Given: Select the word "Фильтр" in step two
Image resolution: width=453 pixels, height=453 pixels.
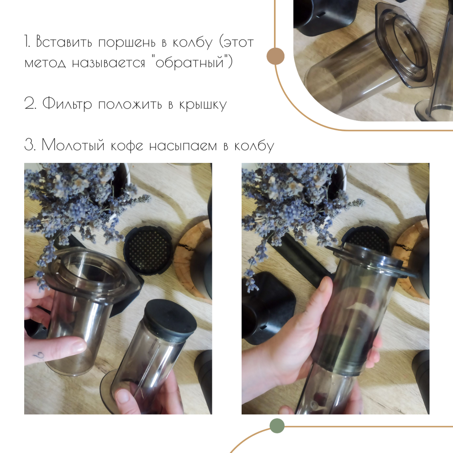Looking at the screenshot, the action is [67, 104].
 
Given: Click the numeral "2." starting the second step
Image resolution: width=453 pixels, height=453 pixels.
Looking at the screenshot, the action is [30, 104].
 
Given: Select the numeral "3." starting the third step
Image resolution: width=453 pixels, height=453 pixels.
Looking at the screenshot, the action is [30, 145].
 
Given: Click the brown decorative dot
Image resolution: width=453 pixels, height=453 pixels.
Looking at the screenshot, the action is [276, 56].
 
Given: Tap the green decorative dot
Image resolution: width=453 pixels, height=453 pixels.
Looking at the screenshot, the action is [277, 425].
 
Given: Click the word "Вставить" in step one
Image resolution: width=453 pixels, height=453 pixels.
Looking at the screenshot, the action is [64, 42].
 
